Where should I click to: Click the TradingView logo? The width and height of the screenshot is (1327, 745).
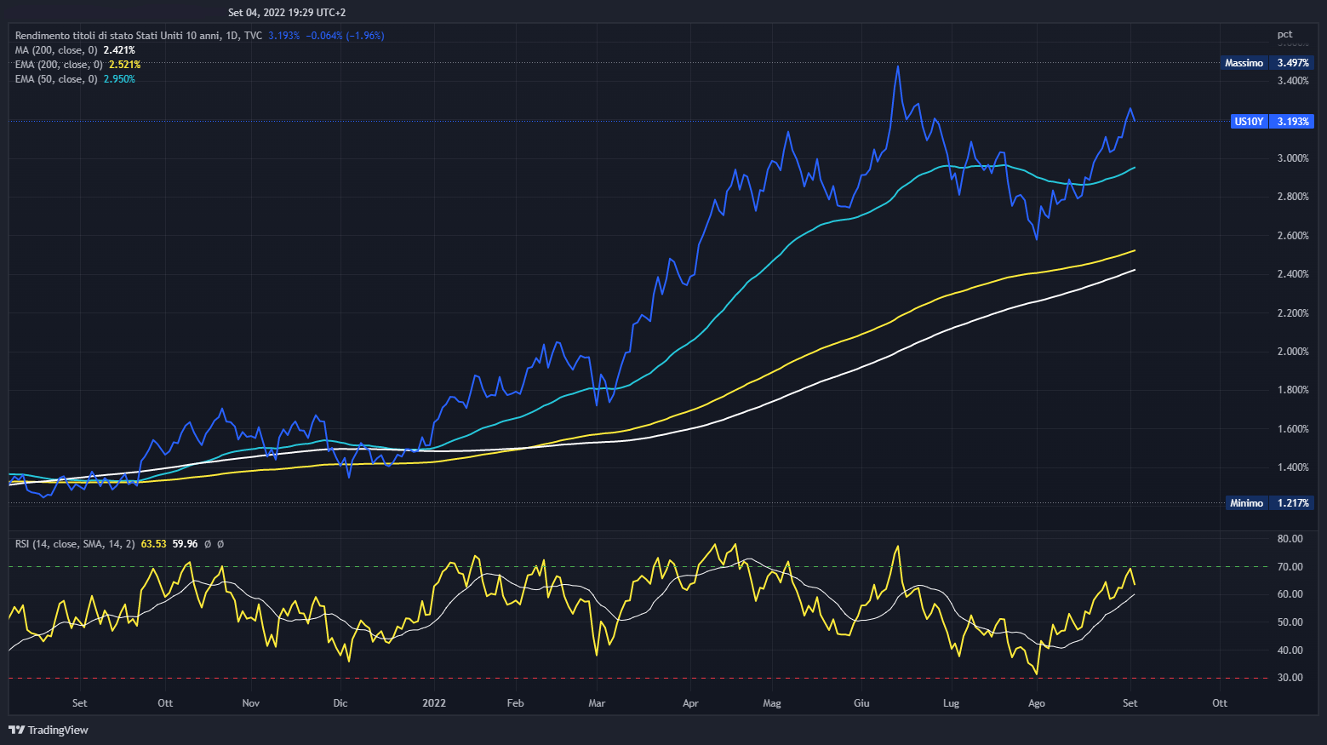coord(49,730)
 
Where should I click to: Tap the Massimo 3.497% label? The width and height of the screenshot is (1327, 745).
coord(1267,63)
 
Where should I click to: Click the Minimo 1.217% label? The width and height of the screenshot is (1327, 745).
coord(1268,503)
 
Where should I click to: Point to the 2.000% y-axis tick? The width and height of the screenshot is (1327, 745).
coord(1292,352)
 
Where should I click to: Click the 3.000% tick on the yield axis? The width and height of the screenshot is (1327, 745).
coord(1292,158)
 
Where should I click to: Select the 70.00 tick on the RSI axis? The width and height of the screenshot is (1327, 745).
coord(1290,567)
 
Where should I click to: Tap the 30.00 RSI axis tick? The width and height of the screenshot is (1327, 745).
coord(1290,678)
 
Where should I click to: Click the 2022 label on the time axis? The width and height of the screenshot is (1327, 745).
coord(434,703)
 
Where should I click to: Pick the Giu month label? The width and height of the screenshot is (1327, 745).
coord(861,703)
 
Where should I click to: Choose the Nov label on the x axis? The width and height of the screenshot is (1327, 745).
coord(251,703)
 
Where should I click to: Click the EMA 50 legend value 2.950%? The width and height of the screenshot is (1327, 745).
coord(119,79)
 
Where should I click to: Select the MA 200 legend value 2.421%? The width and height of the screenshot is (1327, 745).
coord(119,50)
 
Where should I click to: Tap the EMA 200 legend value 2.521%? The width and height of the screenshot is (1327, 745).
coord(124,65)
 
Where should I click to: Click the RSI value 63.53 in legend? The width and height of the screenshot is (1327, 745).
coord(153,544)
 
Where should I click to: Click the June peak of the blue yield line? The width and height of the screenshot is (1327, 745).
coord(897,66)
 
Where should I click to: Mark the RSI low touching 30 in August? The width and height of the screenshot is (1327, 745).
coord(1036,674)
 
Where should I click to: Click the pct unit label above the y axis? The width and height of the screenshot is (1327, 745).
coord(1284,35)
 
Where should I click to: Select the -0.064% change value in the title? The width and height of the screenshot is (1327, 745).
coord(324,36)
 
